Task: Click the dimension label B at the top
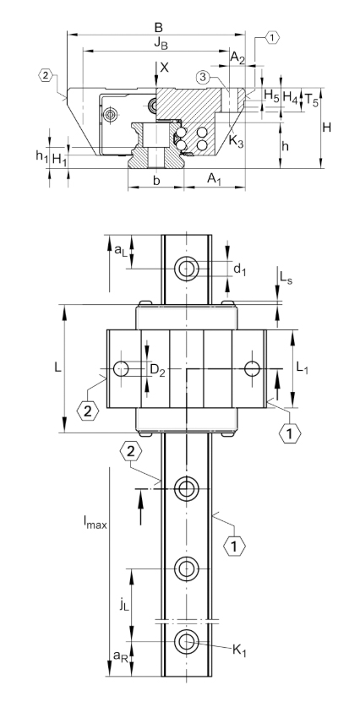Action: (159, 27)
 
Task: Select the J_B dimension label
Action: (161, 43)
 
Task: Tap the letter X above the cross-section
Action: (165, 68)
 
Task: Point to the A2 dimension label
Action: (237, 57)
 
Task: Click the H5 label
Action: (271, 96)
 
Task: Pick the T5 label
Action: (312, 99)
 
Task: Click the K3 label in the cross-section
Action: (236, 143)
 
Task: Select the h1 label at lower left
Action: (41, 156)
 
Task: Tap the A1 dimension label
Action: (215, 178)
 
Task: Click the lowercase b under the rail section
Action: (156, 181)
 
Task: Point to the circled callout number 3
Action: (205, 78)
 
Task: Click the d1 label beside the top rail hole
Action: (240, 270)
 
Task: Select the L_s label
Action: (286, 278)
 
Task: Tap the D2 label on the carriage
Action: (157, 369)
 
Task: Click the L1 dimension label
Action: (302, 367)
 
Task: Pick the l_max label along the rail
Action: (95, 522)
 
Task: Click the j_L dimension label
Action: (123, 605)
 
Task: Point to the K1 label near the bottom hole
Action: (239, 650)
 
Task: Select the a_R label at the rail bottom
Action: (119, 655)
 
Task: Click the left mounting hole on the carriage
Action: (122, 368)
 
